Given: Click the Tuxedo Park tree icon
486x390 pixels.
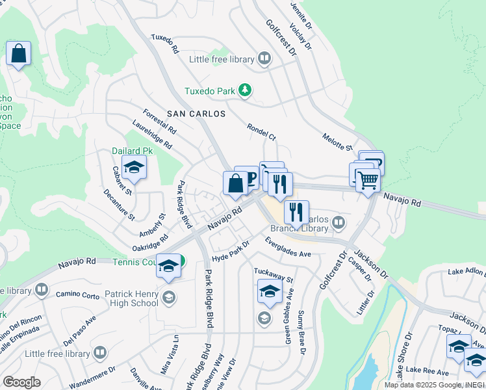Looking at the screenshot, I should click(x=244, y=91).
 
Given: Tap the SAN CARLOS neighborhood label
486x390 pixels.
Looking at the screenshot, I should click(x=196, y=114).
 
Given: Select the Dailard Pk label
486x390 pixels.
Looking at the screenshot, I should click(x=135, y=150).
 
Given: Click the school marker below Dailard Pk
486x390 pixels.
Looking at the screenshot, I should click(x=134, y=168).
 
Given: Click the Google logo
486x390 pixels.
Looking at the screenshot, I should click(x=21, y=382).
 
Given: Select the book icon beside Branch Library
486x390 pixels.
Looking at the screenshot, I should click(x=338, y=224).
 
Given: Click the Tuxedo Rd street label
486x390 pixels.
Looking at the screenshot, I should click(x=165, y=44).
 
